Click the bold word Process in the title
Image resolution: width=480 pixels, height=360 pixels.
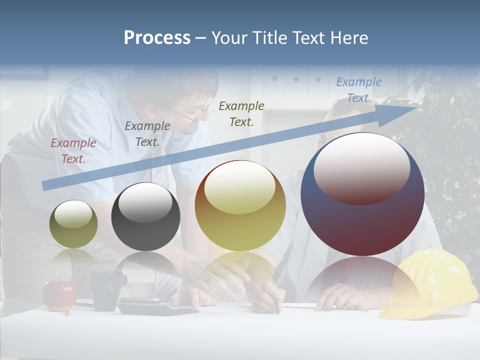[x=157, y=37]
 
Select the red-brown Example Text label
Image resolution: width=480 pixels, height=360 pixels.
[x=73, y=151]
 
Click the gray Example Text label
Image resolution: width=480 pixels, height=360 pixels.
[x=147, y=133]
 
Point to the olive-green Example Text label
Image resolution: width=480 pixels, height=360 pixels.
[x=241, y=113]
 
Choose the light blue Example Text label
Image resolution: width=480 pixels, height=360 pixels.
[x=358, y=90]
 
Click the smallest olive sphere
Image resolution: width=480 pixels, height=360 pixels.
[x=73, y=224]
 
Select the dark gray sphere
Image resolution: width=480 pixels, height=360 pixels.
[x=145, y=216]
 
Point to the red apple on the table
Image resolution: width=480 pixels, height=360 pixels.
[x=59, y=295]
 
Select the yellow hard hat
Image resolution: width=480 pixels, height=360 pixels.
[x=427, y=285]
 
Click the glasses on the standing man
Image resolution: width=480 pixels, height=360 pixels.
[x=192, y=116]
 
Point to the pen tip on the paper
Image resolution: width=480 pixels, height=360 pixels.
[x=277, y=313]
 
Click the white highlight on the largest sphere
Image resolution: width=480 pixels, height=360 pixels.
[x=361, y=167]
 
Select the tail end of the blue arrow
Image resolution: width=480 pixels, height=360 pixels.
[x=45, y=185]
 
